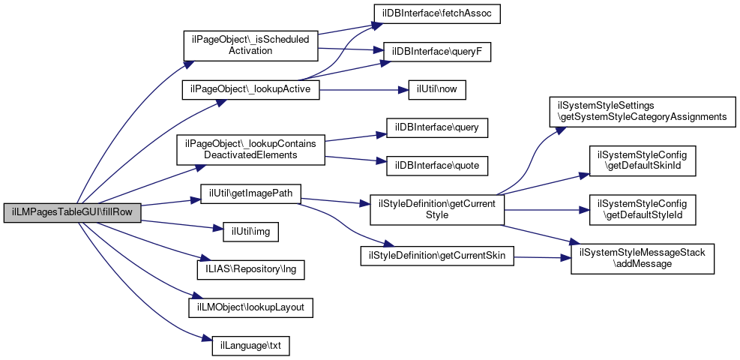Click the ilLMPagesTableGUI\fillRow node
(72, 212)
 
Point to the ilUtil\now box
(437, 89)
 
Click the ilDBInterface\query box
(437, 127)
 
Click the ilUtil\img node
(250, 232)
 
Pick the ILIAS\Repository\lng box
(250, 268)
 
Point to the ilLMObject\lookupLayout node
(250, 307)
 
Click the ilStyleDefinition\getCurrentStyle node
(436, 209)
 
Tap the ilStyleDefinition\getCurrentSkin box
(436, 256)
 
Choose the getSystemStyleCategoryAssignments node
(643, 111)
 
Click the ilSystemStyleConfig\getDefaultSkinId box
(643, 159)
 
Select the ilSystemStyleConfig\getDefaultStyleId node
(643, 209)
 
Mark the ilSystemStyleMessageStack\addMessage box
(643, 259)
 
